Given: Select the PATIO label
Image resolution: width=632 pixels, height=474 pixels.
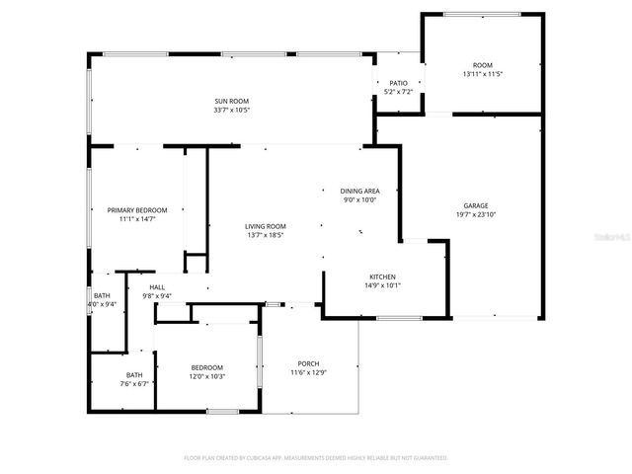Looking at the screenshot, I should point(398,83).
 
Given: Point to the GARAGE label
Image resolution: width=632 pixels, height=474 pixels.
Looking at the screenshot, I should point(476,205).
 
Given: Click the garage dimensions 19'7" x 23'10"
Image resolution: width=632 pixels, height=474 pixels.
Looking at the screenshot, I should point(476,214).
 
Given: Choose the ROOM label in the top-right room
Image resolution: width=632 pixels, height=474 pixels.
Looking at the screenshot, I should point(482,65).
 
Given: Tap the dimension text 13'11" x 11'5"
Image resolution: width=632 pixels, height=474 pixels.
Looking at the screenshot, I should point(482,74).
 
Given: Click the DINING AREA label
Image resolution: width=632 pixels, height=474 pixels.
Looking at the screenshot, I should point(359,191).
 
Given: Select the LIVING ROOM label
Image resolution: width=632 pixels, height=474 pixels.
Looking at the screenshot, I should point(265,227).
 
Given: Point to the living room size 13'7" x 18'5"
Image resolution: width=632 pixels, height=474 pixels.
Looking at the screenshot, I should point(265,236).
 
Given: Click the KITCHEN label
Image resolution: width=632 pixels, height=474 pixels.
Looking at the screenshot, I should point(383,276).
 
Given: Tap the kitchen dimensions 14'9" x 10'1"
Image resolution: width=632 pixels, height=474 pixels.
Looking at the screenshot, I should point(383,285).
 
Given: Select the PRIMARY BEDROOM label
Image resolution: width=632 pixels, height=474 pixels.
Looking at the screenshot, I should point(137,209).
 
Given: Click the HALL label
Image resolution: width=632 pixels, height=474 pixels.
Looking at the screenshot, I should point(157,286).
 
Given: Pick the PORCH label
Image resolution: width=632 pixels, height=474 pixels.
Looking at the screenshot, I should point(308,364).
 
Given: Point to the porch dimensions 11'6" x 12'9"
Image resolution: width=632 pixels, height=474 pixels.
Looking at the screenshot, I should point(308,373).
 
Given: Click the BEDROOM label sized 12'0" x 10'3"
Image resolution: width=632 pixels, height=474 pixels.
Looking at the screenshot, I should point(206,367).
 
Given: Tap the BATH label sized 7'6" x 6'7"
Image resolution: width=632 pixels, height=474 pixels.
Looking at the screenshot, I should point(134,374).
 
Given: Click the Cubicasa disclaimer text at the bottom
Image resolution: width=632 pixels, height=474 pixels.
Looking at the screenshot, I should point(316,458).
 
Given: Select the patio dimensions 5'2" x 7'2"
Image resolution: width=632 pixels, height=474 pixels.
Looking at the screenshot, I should point(398,92).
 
